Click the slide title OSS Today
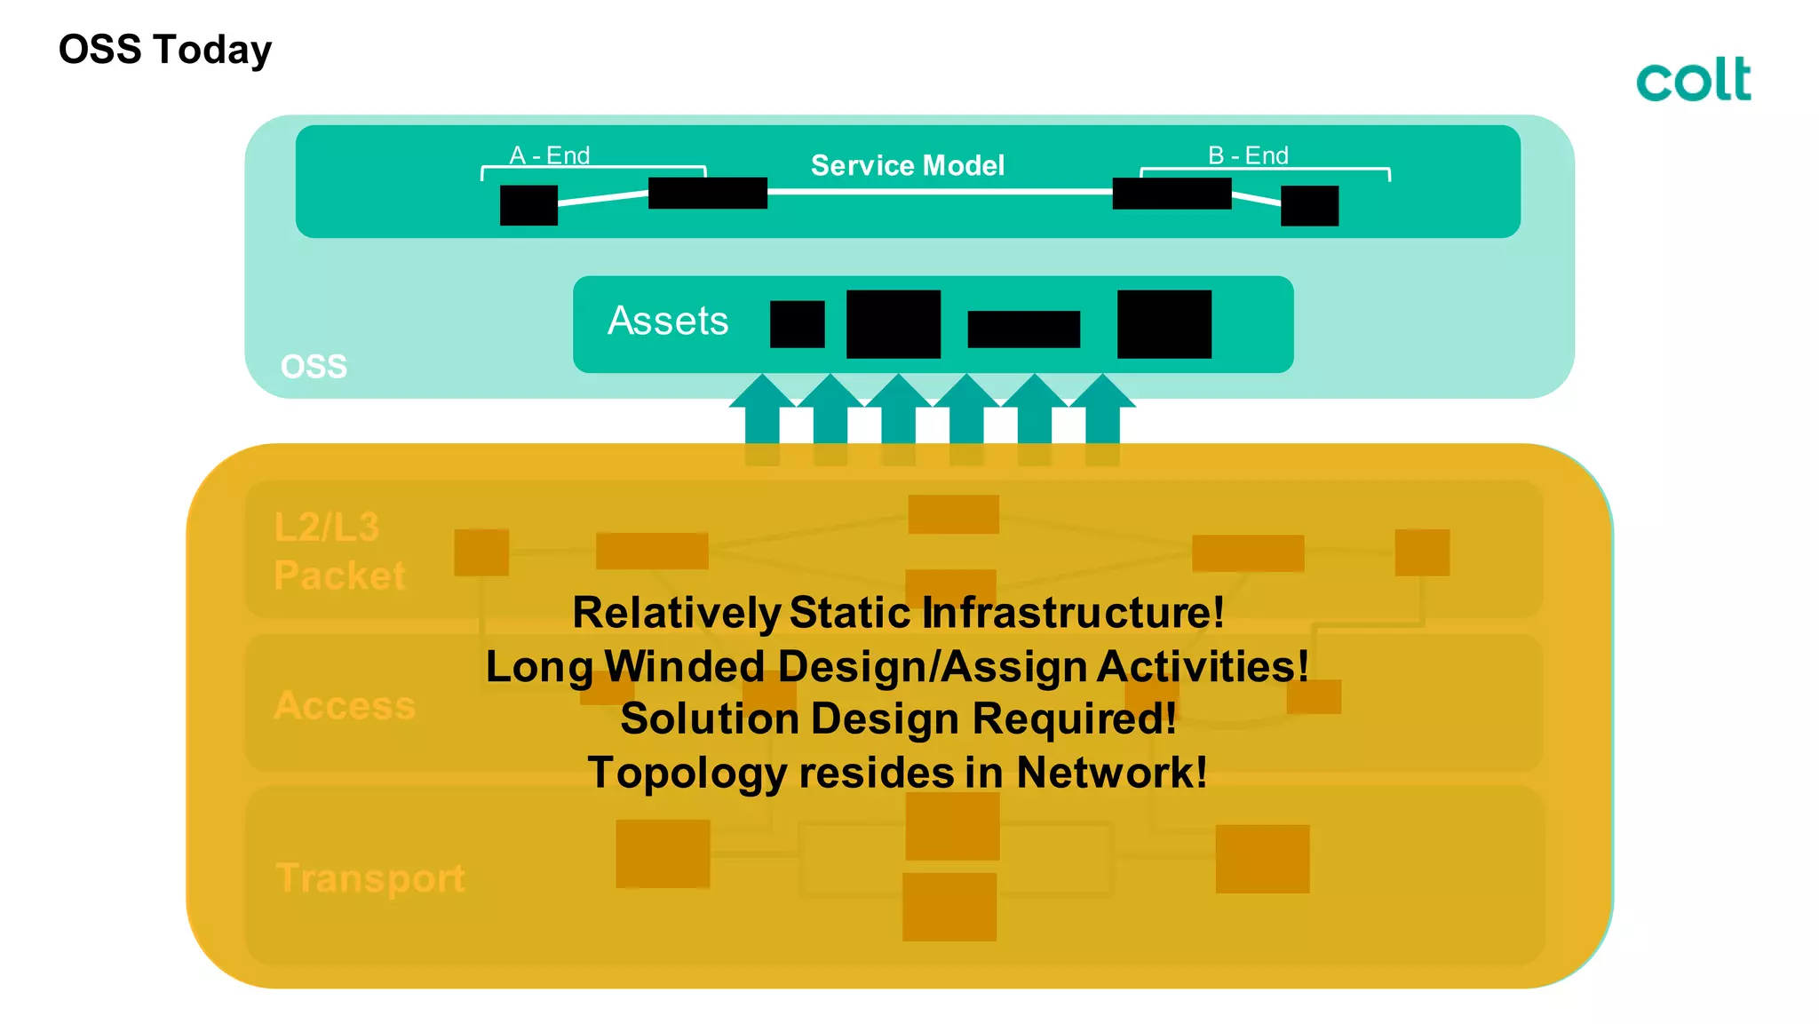coord(165,50)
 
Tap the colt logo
coord(1694,80)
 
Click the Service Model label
coord(907,165)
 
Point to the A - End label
coord(549,155)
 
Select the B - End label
coord(1248,155)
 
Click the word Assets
coord(668,321)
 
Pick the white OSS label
coord(314,366)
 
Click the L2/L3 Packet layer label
coord(339,551)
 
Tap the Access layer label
coord(345,705)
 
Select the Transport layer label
coord(370,877)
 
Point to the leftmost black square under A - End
coord(528,205)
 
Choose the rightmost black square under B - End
coord(1309,206)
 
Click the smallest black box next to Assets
coord(797,324)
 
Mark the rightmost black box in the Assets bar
coord(1164,324)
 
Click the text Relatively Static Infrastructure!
coord(898,613)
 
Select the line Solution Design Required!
coord(898,718)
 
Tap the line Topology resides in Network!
coord(898,772)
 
